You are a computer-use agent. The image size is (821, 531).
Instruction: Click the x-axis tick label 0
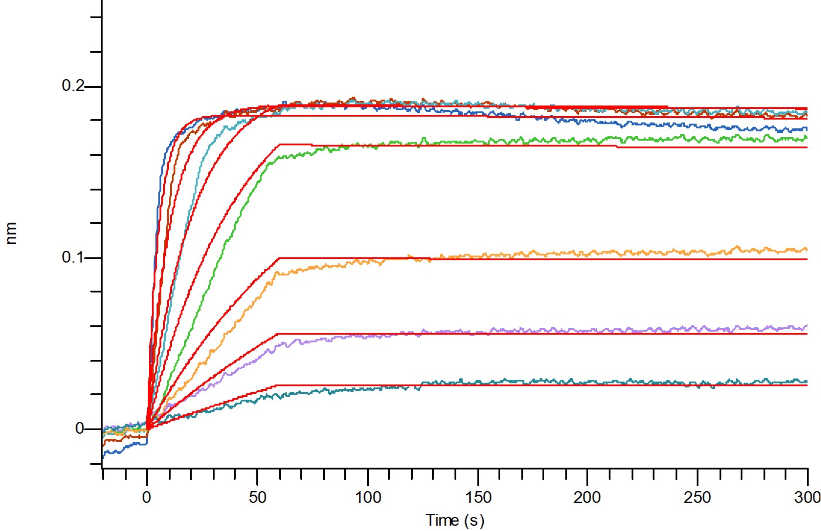[147, 498]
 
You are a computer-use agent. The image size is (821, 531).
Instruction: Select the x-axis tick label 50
[257, 498]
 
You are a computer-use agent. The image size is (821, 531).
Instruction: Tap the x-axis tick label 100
[368, 498]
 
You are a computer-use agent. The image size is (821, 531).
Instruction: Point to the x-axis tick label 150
[479, 498]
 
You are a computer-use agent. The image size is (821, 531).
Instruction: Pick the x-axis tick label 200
[587, 498]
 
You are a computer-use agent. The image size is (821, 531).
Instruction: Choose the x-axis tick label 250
[697, 498]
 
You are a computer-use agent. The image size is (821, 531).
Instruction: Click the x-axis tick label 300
[808, 498]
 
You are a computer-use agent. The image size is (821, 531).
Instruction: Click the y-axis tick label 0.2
[73, 86]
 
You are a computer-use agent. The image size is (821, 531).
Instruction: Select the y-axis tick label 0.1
[73, 257]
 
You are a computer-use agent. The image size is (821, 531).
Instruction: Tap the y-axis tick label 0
[80, 428]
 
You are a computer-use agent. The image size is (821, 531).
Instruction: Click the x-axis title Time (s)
[455, 520]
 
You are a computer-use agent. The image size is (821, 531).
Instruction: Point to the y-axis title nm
[11, 233]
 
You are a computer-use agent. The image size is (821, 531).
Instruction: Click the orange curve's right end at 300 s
[807, 249]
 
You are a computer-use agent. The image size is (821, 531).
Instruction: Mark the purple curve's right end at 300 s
[807, 325]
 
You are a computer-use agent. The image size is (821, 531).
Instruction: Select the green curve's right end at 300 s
[807, 137]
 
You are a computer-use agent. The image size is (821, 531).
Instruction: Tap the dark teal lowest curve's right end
[807, 382]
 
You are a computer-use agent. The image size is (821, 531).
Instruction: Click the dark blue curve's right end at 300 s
[807, 128]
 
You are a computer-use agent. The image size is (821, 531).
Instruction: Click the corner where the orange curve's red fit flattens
[279, 258]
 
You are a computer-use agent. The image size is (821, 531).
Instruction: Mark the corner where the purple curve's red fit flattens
[278, 334]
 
